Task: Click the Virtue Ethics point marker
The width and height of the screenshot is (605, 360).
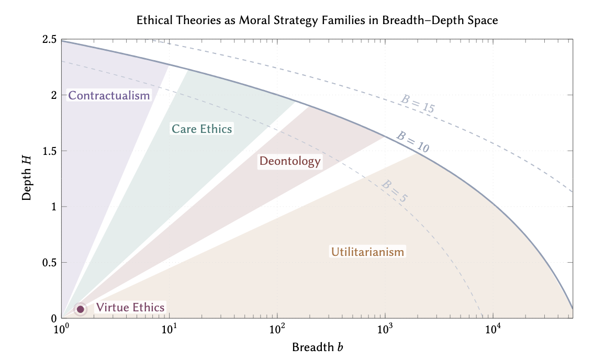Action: pos(81,309)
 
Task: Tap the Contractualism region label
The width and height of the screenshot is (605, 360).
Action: pos(109,96)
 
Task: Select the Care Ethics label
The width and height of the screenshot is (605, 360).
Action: pos(201,129)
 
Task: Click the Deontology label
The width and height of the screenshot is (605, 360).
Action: pos(290,161)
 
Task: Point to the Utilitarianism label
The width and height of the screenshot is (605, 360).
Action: pos(367,252)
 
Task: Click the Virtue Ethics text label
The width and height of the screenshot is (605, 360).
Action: pos(130,308)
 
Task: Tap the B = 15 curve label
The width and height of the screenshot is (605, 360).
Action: pos(418,105)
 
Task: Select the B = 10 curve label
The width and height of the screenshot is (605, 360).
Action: pos(412,141)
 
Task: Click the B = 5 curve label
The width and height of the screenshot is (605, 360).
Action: pos(394,192)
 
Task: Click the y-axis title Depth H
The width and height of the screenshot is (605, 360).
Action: pos(27,178)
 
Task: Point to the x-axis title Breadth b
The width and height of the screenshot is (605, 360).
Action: pos(317,347)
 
